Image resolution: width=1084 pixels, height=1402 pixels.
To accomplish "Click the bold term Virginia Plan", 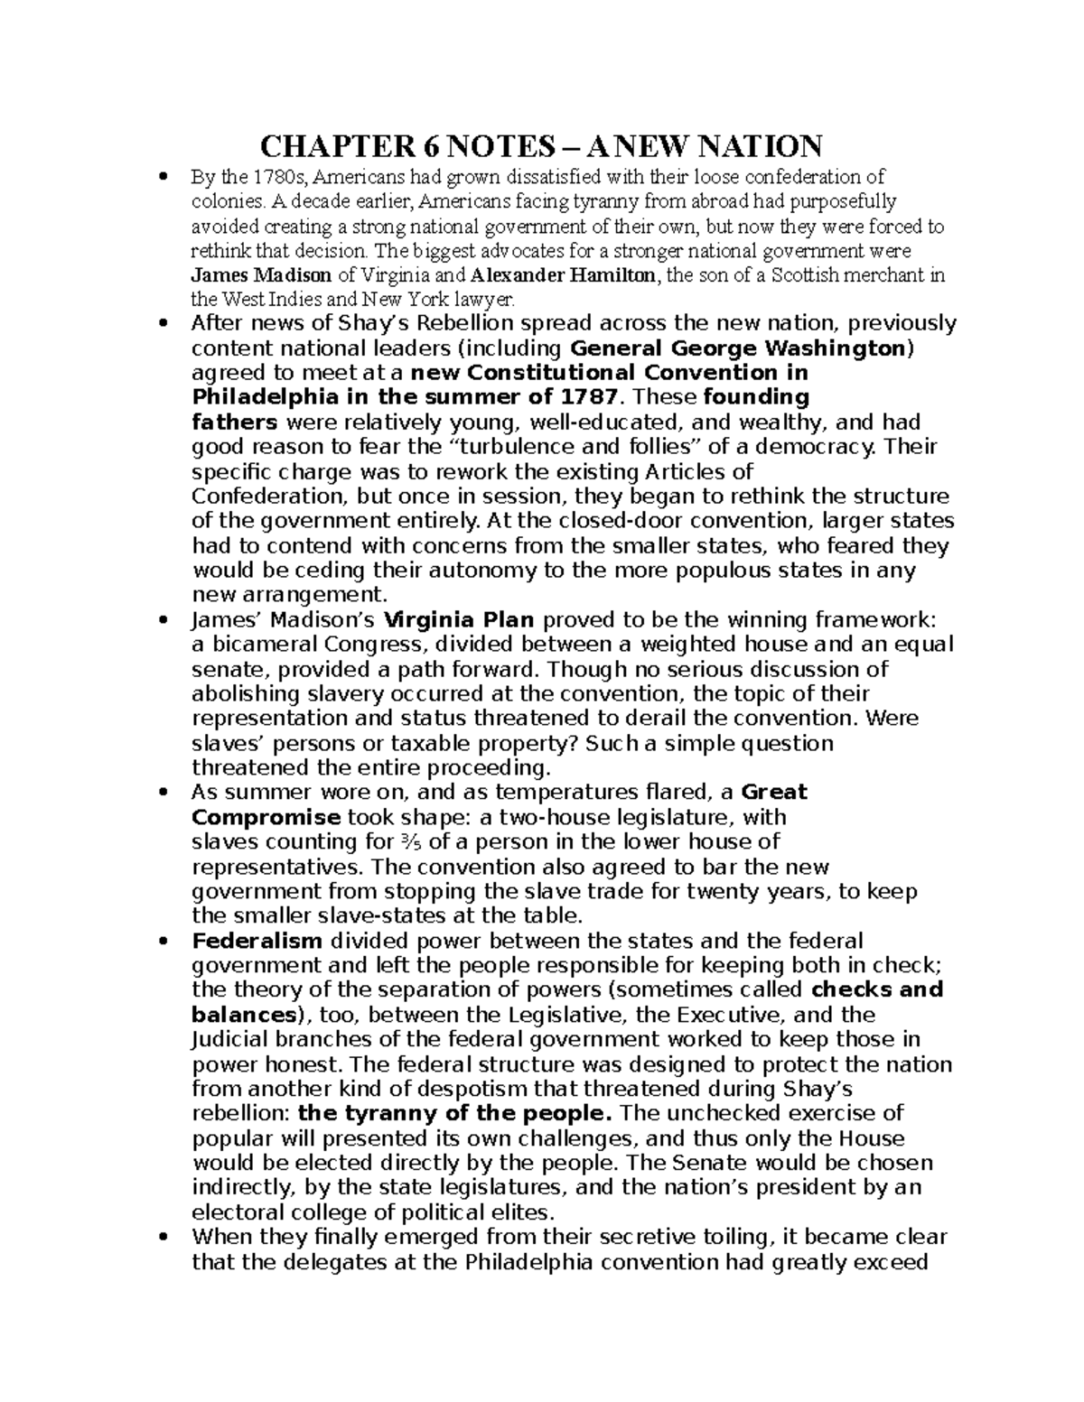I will click(x=460, y=619).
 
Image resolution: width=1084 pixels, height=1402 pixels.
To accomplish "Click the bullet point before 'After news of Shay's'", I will click(x=163, y=323).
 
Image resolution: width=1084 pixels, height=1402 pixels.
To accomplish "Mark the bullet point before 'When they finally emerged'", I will click(x=163, y=1237).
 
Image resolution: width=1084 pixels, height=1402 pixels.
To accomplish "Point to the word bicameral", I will click(x=252, y=645).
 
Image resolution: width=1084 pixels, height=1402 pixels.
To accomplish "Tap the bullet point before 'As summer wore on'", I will click(x=163, y=793).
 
